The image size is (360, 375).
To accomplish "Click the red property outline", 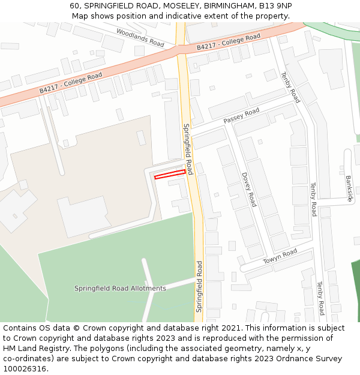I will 170,175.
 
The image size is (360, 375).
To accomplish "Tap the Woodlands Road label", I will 140,37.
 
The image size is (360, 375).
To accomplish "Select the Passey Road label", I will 241,116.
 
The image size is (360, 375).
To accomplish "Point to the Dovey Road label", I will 249,189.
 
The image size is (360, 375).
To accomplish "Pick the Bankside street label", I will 349,188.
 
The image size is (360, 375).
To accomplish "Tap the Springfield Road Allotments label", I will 120,289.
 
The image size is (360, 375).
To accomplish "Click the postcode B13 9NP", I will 275,6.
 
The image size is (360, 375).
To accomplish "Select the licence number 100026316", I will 24,369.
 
